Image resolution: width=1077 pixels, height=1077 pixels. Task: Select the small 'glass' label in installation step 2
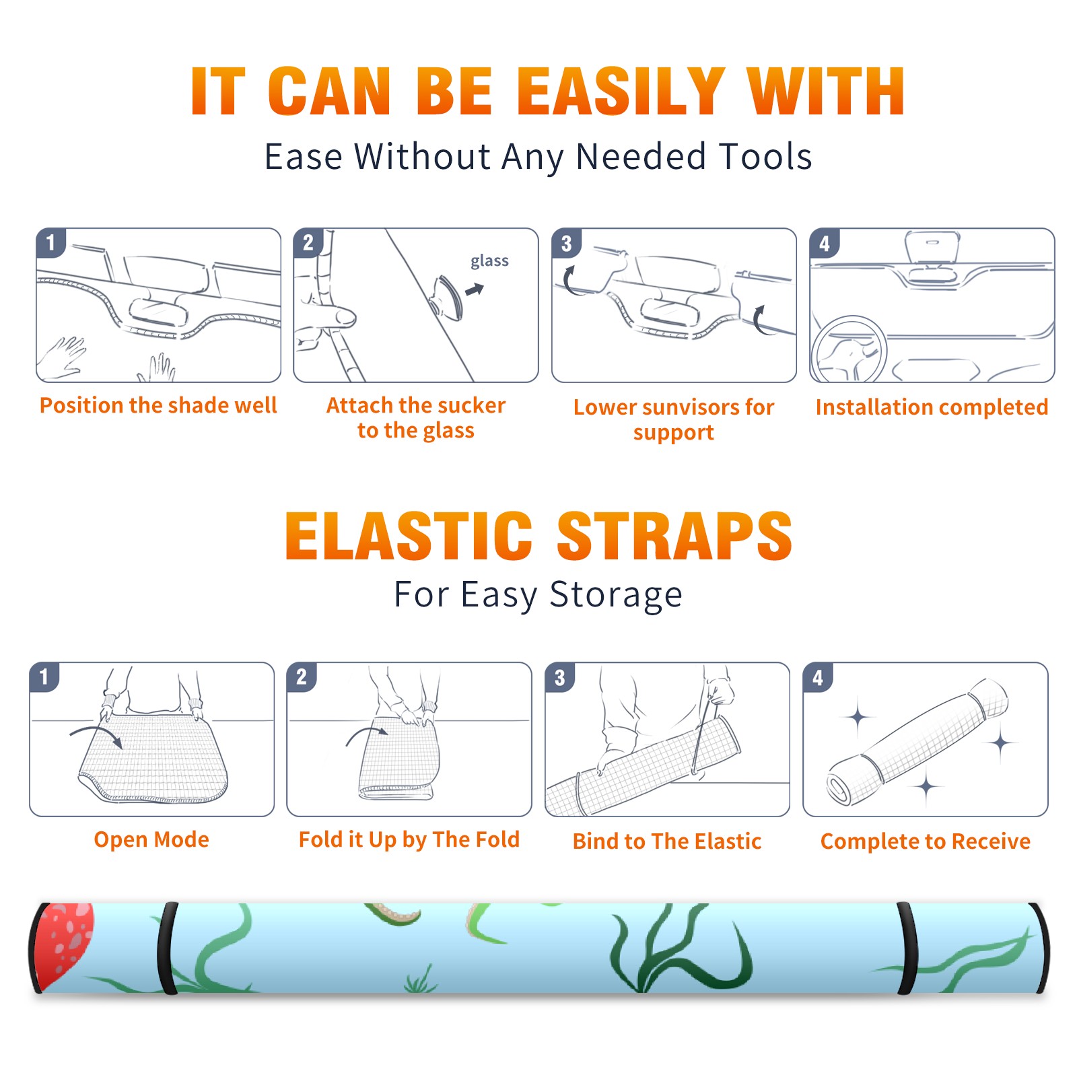489,261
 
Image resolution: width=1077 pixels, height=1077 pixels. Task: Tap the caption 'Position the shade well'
158,405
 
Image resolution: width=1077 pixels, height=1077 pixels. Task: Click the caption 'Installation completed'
932,407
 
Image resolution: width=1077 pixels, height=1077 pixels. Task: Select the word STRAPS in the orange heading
674,536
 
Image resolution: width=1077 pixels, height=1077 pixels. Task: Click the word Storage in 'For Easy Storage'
616,595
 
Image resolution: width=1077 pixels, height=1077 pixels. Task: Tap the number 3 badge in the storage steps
560,677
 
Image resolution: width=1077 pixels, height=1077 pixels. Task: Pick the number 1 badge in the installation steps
51,242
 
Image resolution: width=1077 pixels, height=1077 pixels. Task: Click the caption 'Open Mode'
151,839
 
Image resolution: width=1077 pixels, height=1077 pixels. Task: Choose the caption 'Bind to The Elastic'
667,841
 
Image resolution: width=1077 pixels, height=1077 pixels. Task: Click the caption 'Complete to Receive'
926,841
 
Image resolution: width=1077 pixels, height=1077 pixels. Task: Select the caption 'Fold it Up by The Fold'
409,839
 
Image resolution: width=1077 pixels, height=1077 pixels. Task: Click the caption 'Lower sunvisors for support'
674,419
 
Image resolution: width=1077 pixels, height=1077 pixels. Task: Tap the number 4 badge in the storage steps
818,677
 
